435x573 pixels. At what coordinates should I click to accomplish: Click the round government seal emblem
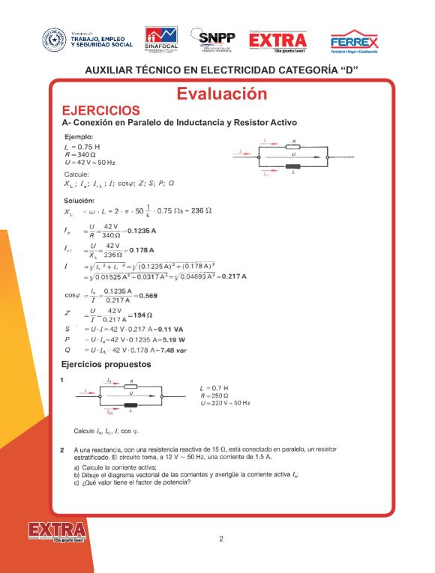point(54,40)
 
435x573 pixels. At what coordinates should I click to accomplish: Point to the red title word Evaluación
point(221,94)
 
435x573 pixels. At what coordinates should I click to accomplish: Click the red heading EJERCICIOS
point(100,110)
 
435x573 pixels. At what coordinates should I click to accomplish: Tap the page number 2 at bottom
point(221,539)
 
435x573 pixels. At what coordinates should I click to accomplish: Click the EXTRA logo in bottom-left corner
point(56,533)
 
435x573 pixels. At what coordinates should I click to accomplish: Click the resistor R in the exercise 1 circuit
point(132,386)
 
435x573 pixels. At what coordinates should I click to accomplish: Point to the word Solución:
point(79,200)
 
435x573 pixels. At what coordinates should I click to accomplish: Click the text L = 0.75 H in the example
point(82,147)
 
